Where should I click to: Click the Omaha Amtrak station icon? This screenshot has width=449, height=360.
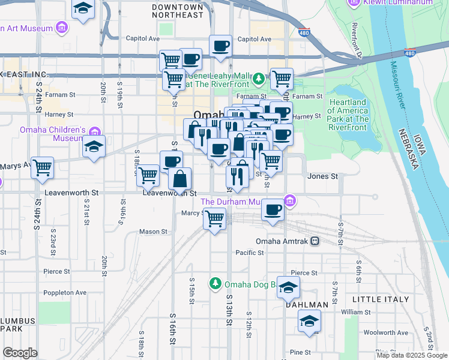(315, 241)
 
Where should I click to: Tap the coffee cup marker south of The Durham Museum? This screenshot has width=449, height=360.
(274, 210)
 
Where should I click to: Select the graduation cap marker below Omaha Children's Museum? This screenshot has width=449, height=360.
(94, 146)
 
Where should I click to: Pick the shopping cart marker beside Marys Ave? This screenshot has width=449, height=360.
(42, 168)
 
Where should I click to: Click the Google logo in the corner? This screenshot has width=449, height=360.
(20, 353)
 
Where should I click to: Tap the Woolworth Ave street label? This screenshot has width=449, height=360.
(388, 332)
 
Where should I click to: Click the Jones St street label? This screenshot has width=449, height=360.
(322, 176)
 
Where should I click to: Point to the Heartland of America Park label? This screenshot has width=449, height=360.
(348, 114)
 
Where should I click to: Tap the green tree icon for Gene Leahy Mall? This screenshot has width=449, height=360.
(258, 79)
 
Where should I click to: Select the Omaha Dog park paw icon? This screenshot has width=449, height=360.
(215, 283)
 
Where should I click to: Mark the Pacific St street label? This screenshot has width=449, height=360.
(250, 253)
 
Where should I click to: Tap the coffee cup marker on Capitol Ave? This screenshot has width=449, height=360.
(220, 46)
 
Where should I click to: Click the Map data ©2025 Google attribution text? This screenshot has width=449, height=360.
(411, 355)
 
